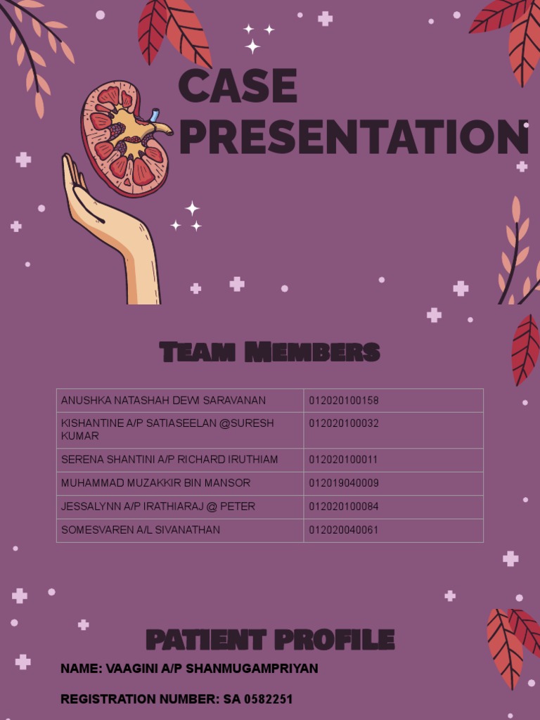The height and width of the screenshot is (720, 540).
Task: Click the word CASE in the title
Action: point(238,87)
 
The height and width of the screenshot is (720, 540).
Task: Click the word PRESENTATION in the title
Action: point(354,137)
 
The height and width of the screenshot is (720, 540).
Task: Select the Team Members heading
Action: point(269,352)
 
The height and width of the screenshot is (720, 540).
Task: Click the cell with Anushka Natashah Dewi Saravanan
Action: point(163,401)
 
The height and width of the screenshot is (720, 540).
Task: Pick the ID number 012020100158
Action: point(344,401)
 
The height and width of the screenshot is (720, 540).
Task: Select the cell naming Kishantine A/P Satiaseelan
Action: point(167,430)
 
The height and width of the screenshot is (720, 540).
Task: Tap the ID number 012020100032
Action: point(344,424)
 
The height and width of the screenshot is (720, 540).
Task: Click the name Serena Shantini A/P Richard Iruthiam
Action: point(169,460)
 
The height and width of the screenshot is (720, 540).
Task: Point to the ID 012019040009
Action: point(344,483)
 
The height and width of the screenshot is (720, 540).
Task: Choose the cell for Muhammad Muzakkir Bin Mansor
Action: point(155,483)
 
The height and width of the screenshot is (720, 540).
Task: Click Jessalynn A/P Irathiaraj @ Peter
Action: point(158,506)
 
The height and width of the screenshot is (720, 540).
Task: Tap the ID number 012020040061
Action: point(344,530)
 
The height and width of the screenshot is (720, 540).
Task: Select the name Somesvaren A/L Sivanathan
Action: point(141,530)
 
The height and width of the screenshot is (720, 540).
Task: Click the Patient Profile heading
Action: point(270,640)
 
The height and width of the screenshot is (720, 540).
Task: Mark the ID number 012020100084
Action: point(344,506)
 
